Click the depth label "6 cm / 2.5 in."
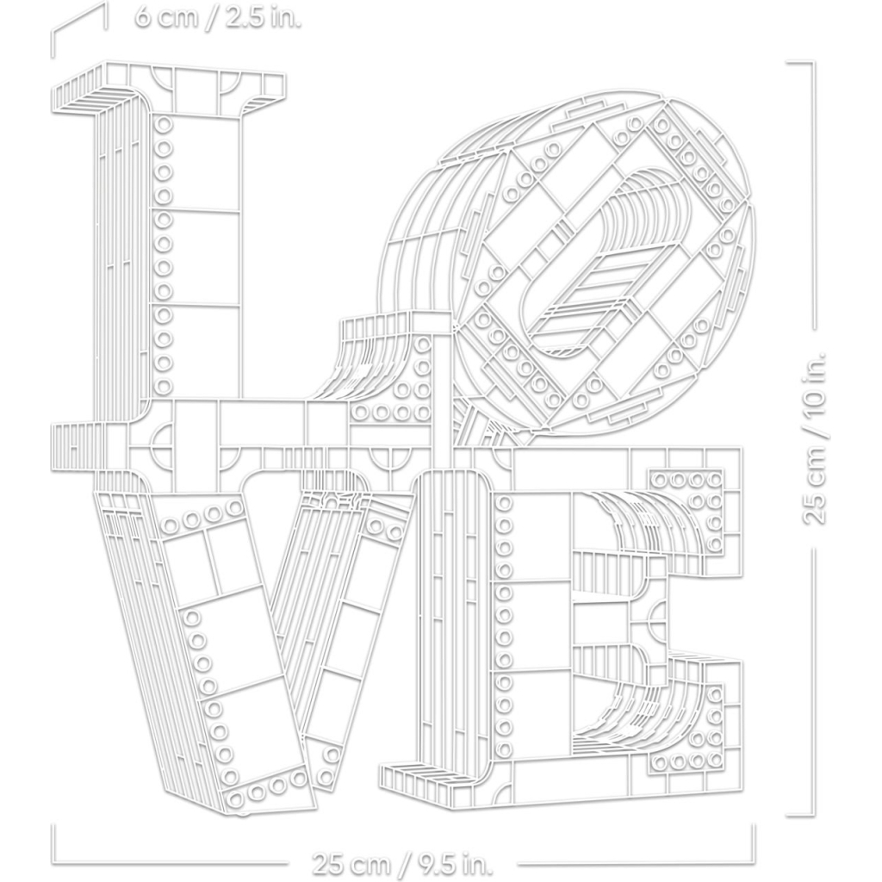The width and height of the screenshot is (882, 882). [218, 17]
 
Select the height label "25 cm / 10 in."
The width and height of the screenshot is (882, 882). [815, 438]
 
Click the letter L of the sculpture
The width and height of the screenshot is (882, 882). [169, 270]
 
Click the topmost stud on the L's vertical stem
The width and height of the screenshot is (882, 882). [163, 123]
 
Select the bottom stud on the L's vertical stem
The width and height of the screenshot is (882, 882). [163, 387]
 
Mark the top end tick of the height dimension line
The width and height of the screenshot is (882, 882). [800, 62]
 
